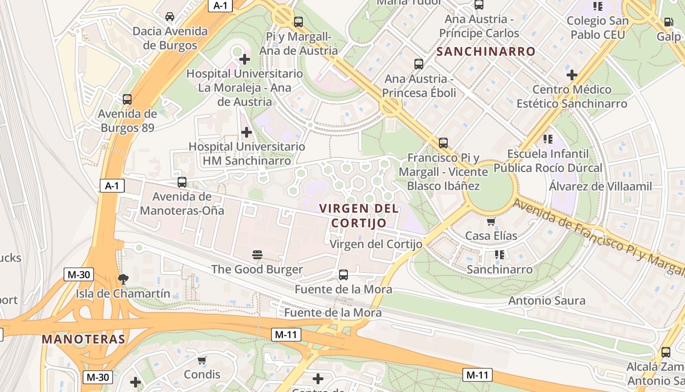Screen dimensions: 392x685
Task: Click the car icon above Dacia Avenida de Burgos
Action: [170, 17]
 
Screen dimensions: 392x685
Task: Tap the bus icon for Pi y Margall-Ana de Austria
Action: [298, 22]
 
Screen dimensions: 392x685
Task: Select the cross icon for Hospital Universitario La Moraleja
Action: [245, 60]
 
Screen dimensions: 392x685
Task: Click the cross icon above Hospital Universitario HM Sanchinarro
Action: [247, 132]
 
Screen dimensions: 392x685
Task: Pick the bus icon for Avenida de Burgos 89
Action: [127, 99]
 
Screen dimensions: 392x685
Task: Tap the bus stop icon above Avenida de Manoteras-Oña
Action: [182, 182]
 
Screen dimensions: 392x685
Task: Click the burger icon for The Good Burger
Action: [257, 254]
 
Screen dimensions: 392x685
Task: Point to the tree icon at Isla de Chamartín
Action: [123, 279]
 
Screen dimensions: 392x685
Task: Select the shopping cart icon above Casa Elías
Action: [491, 221]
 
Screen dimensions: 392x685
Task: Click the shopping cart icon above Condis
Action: [202, 361]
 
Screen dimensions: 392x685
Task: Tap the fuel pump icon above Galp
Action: [668, 22]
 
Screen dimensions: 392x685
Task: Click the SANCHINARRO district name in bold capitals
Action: [486, 51]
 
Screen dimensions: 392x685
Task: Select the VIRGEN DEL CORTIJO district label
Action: [359, 216]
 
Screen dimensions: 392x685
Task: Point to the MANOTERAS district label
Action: [83, 339]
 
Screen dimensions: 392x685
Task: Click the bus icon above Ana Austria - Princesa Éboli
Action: [419, 64]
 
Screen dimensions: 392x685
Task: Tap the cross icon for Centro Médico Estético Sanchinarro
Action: [571, 75]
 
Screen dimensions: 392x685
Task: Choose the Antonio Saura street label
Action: [547, 300]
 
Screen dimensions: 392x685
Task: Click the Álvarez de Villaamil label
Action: [600, 186]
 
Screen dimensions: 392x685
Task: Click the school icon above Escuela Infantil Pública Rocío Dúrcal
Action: [548, 139]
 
